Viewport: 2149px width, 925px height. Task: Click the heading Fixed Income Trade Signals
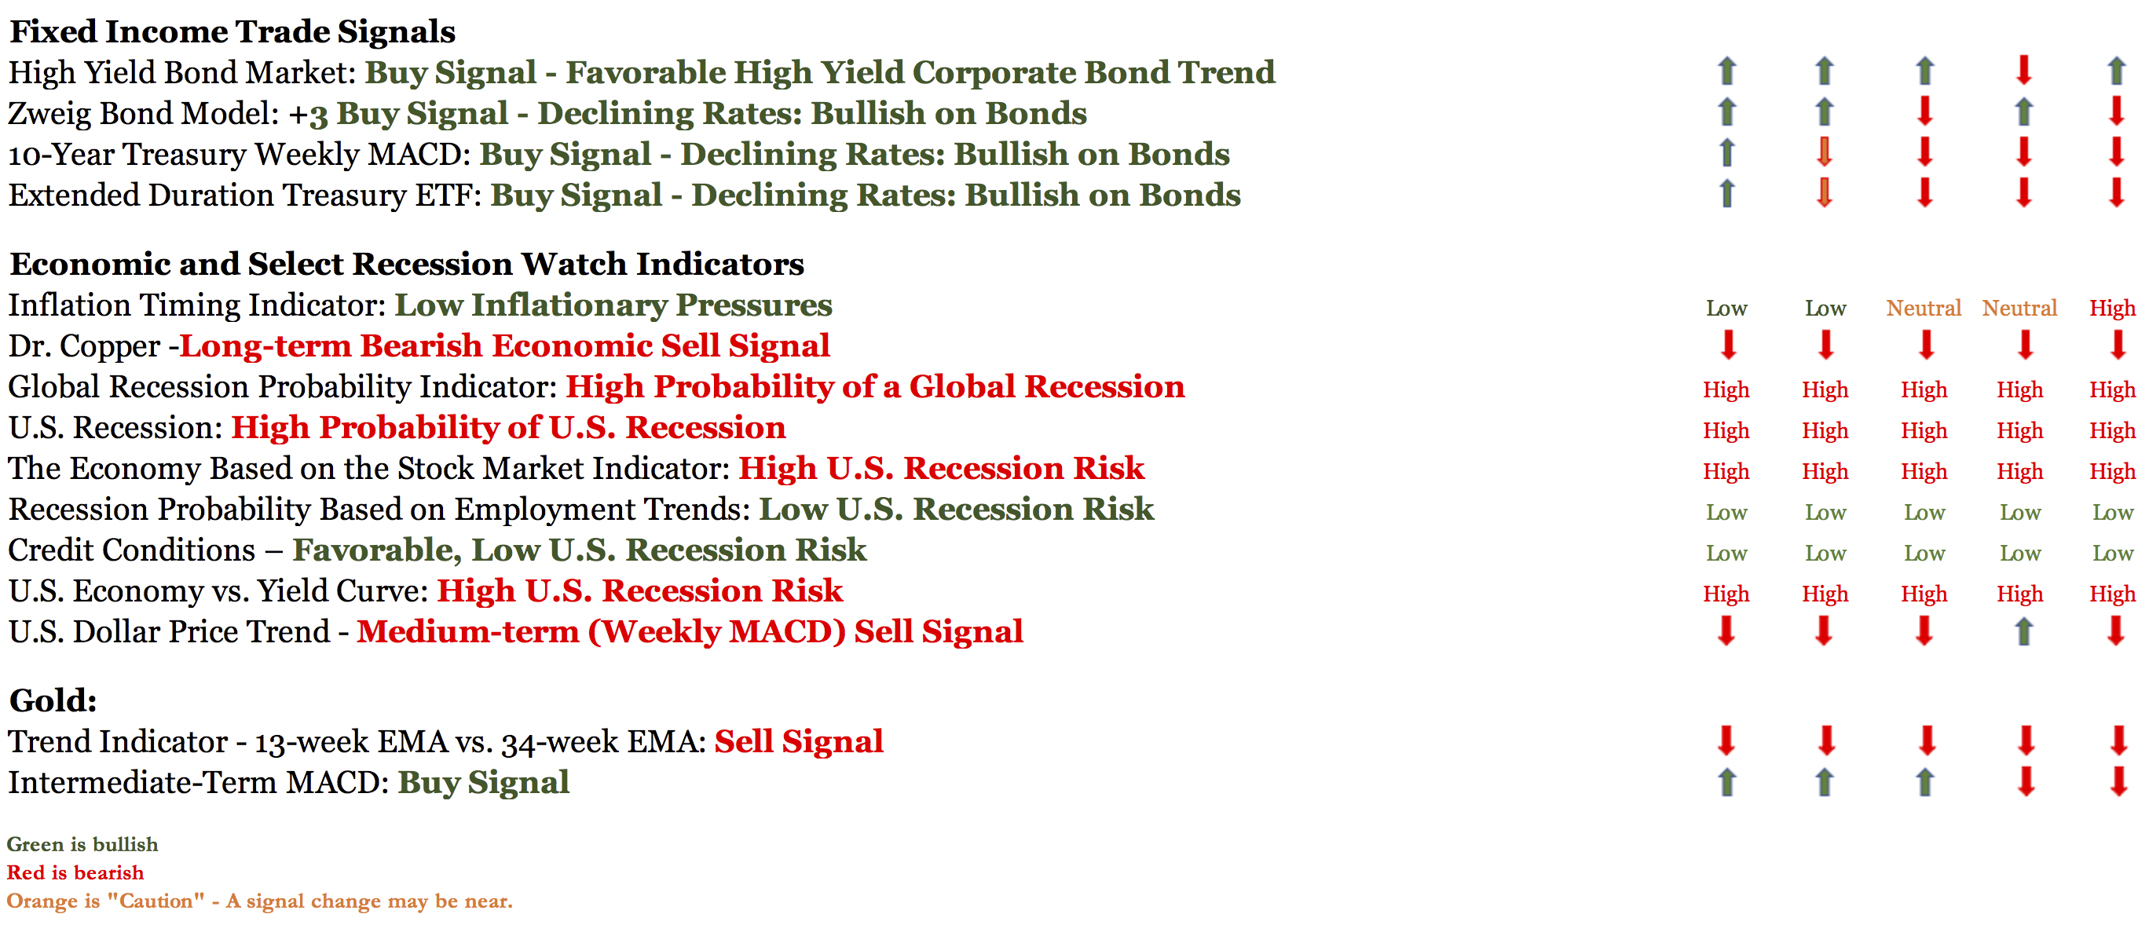point(232,31)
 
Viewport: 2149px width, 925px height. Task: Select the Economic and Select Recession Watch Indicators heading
point(406,264)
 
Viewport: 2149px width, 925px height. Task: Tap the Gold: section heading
point(53,700)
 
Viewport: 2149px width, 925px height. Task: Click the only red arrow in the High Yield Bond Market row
point(2024,70)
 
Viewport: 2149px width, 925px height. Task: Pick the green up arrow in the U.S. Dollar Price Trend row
point(2024,631)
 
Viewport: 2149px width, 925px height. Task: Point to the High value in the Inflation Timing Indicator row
point(2112,308)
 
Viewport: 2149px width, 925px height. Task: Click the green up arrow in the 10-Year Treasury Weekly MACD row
point(1727,152)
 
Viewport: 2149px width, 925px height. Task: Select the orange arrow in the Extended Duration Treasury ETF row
point(1825,192)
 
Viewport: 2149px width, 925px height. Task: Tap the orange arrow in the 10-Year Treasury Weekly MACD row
point(1825,152)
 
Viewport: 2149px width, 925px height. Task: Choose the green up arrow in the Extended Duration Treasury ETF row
point(1727,192)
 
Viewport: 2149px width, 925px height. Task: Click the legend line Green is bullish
point(82,844)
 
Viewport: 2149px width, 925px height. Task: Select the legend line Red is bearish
point(75,872)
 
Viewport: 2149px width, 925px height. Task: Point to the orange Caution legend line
point(259,901)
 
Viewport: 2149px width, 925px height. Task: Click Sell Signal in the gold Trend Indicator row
point(798,741)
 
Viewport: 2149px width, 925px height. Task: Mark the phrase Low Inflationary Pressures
point(613,305)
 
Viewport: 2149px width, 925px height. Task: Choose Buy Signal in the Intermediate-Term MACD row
point(483,782)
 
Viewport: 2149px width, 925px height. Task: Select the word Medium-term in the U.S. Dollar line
point(468,631)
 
